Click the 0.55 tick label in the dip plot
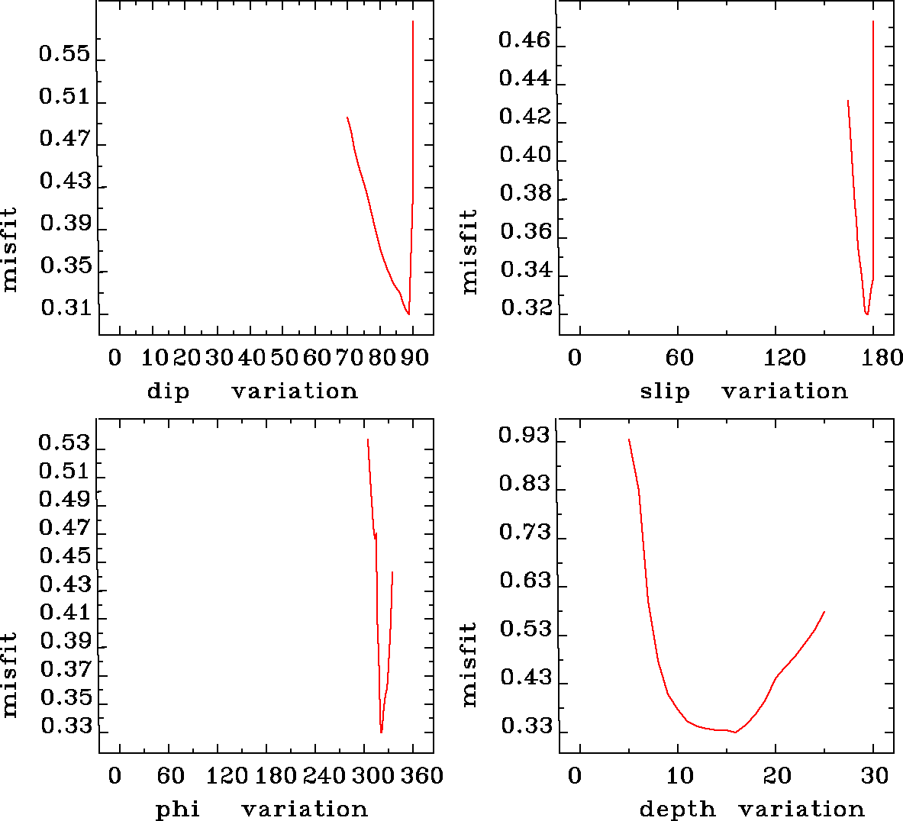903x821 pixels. tap(64, 54)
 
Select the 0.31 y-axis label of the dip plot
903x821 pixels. tap(64, 308)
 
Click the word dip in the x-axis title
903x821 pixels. tap(168, 391)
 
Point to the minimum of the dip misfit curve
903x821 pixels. tap(408, 314)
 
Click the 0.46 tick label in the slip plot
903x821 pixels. tap(524, 40)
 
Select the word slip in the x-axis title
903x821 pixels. tap(664, 391)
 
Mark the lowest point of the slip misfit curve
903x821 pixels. tap(866, 314)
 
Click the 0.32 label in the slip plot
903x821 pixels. tap(526, 308)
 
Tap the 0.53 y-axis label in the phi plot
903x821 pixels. tap(64, 443)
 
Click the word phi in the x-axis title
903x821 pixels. tap(177, 809)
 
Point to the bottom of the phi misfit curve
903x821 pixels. tap(381, 732)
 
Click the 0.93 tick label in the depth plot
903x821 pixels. tap(524, 436)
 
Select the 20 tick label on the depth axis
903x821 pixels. tap(778, 775)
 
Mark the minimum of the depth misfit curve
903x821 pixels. tap(735, 732)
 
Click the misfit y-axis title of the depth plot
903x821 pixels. tap(469, 665)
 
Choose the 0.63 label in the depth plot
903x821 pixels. tap(525, 581)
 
